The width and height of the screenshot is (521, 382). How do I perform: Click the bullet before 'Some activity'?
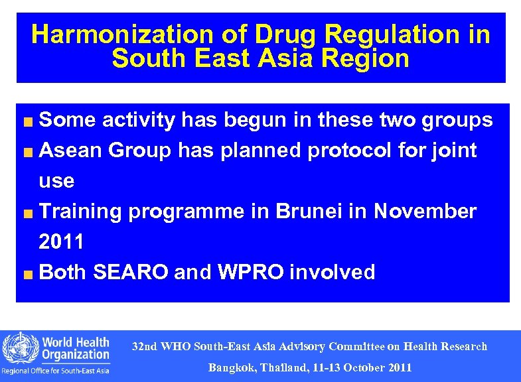pyautogui.click(x=29, y=121)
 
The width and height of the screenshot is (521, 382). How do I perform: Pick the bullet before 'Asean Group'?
pyautogui.click(x=29, y=152)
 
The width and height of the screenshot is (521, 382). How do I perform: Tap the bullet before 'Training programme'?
pyautogui.click(x=29, y=213)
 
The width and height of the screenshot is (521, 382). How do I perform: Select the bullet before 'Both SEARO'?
pyautogui.click(x=29, y=273)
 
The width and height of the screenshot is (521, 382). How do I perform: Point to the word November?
pyautogui.click(x=425, y=212)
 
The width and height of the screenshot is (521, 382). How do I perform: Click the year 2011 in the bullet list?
pyautogui.click(x=62, y=242)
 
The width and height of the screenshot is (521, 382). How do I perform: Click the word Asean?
pyautogui.click(x=72, y=151)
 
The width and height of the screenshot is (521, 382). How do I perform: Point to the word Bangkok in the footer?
pyautogui.click(x=234, y=367)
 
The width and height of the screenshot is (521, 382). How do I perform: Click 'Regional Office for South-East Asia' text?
pyautogui.click(x=56, y=371)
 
